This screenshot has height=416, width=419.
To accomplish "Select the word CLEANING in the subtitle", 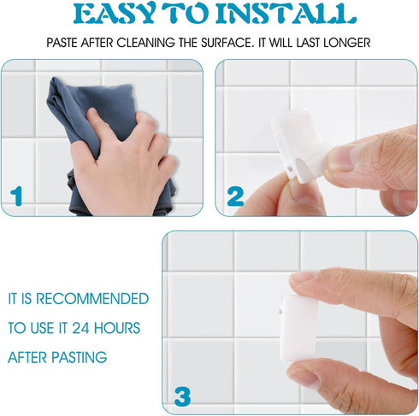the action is click(x=145, y=43).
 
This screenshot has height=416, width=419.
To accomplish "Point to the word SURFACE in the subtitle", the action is click(x=227, y=43).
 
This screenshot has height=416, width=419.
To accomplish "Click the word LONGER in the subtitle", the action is click(x=346, y=43).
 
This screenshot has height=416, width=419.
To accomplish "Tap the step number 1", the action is click(x=16, y=196).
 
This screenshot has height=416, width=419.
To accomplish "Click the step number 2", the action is click(x=235, y=196).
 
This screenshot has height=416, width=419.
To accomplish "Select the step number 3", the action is click(x=182, y=396).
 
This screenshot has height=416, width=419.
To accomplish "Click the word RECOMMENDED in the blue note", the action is click(x=92, y=299).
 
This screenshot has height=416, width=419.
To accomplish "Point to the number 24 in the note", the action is click(x=81, y=328).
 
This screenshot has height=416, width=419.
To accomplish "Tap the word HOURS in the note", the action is click(x=117, y=328).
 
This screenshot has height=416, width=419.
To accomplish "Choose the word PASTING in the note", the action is click(x=80, y=357).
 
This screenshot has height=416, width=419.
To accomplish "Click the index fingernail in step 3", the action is click(x=302, y=277).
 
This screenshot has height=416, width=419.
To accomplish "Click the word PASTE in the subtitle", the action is click(x=62, y=43).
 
